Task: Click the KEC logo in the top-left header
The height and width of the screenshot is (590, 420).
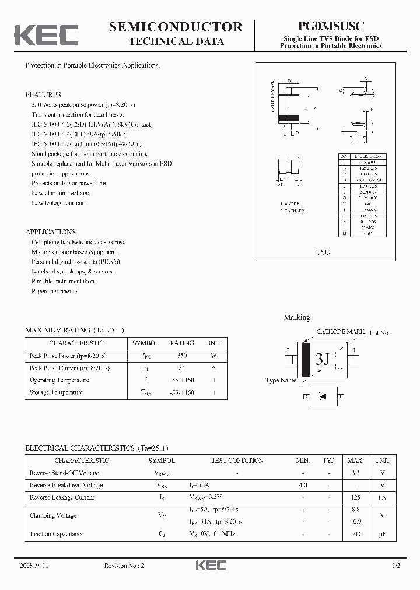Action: [x=46, y=34]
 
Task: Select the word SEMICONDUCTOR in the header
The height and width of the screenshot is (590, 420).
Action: [x=176, y=26]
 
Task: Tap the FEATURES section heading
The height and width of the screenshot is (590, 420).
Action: [x=43, y=94]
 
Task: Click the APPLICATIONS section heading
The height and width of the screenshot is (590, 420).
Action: [x=50, y=231]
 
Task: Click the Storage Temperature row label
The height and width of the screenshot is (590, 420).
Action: [x=56, y=392]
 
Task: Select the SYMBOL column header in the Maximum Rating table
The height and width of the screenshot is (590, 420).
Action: [x=145, y=343]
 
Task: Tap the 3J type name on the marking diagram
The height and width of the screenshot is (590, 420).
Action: [x=322, y=359]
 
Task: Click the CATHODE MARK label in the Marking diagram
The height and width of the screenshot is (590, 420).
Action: [x=340, y=332]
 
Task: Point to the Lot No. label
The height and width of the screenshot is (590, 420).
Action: [x=380, y=333]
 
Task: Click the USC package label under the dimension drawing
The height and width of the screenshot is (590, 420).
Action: [x=323, y=252]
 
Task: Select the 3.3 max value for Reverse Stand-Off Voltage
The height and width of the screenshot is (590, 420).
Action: [x=355, y=473]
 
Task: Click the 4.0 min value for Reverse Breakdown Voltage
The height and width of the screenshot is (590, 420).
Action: [x=303, y=485]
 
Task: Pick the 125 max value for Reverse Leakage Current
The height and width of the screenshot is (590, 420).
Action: [x=355, y=497]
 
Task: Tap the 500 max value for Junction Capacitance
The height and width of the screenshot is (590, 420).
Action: [x=355, y=533]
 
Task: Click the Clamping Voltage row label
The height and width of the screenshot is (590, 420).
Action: [x=53, y=515]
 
